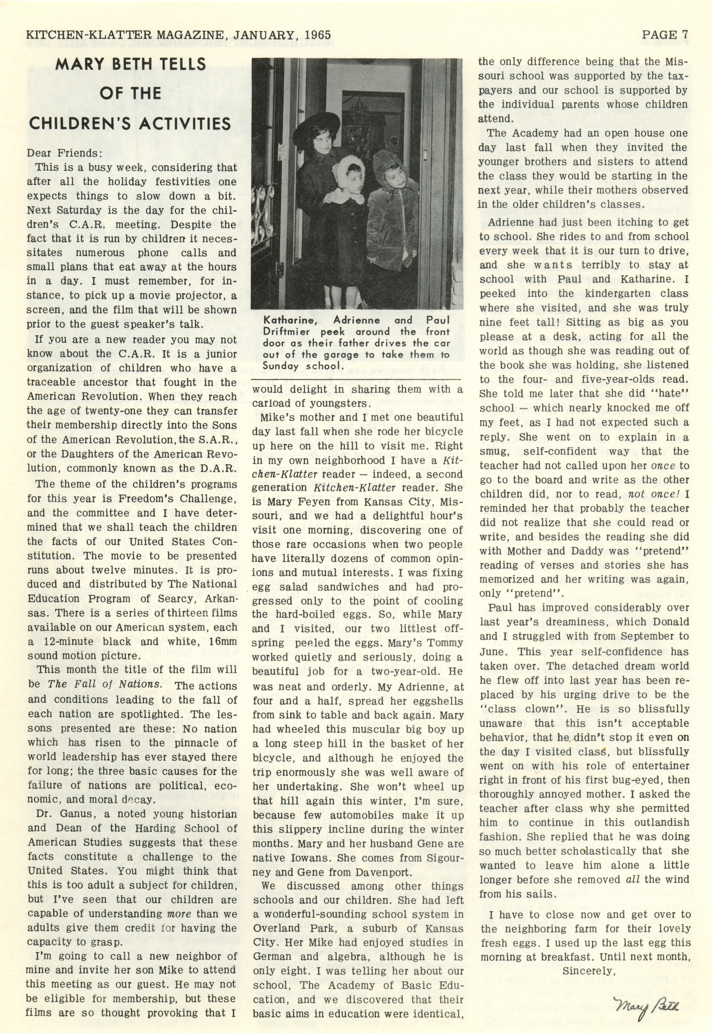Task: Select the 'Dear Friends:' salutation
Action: [x=65, y=153]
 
